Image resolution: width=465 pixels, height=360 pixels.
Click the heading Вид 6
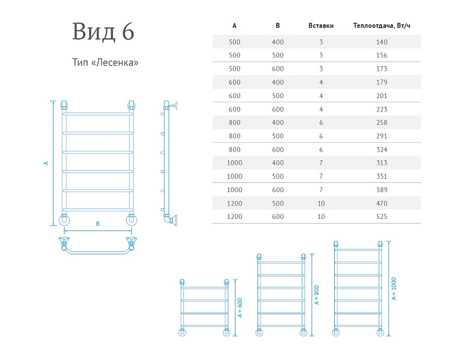pos(103,31)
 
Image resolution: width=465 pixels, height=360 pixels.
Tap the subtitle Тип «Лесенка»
pos(105,63)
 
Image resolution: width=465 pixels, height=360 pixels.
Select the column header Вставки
pos(321,26)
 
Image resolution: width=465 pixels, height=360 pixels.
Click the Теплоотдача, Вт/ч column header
pos(382,26)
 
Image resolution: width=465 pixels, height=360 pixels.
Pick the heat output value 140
pos(382,42)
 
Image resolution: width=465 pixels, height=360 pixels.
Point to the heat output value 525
pos(382,217)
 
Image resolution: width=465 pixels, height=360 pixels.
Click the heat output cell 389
pos(382,190)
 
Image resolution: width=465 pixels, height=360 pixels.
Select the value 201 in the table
pos(382,96)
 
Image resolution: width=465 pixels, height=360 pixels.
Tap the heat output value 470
pos(382,204)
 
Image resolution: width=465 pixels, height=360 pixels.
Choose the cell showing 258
pos(382,123)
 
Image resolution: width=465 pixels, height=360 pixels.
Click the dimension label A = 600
pos(240,308)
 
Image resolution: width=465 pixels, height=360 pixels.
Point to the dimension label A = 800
pos(317,295)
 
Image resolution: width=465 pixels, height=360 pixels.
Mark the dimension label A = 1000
pos(394,289)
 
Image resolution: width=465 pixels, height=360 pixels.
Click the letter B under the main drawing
pos(98,224)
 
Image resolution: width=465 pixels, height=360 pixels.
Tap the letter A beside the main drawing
pos(46,163)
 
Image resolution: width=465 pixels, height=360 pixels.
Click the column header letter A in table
pos(234,26)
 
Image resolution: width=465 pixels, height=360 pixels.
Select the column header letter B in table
pos(278,26)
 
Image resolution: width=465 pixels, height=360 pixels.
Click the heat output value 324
pos(382,150)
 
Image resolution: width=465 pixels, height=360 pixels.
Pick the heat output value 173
pos(382,69)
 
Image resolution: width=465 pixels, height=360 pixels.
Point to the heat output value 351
pos(382,177)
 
